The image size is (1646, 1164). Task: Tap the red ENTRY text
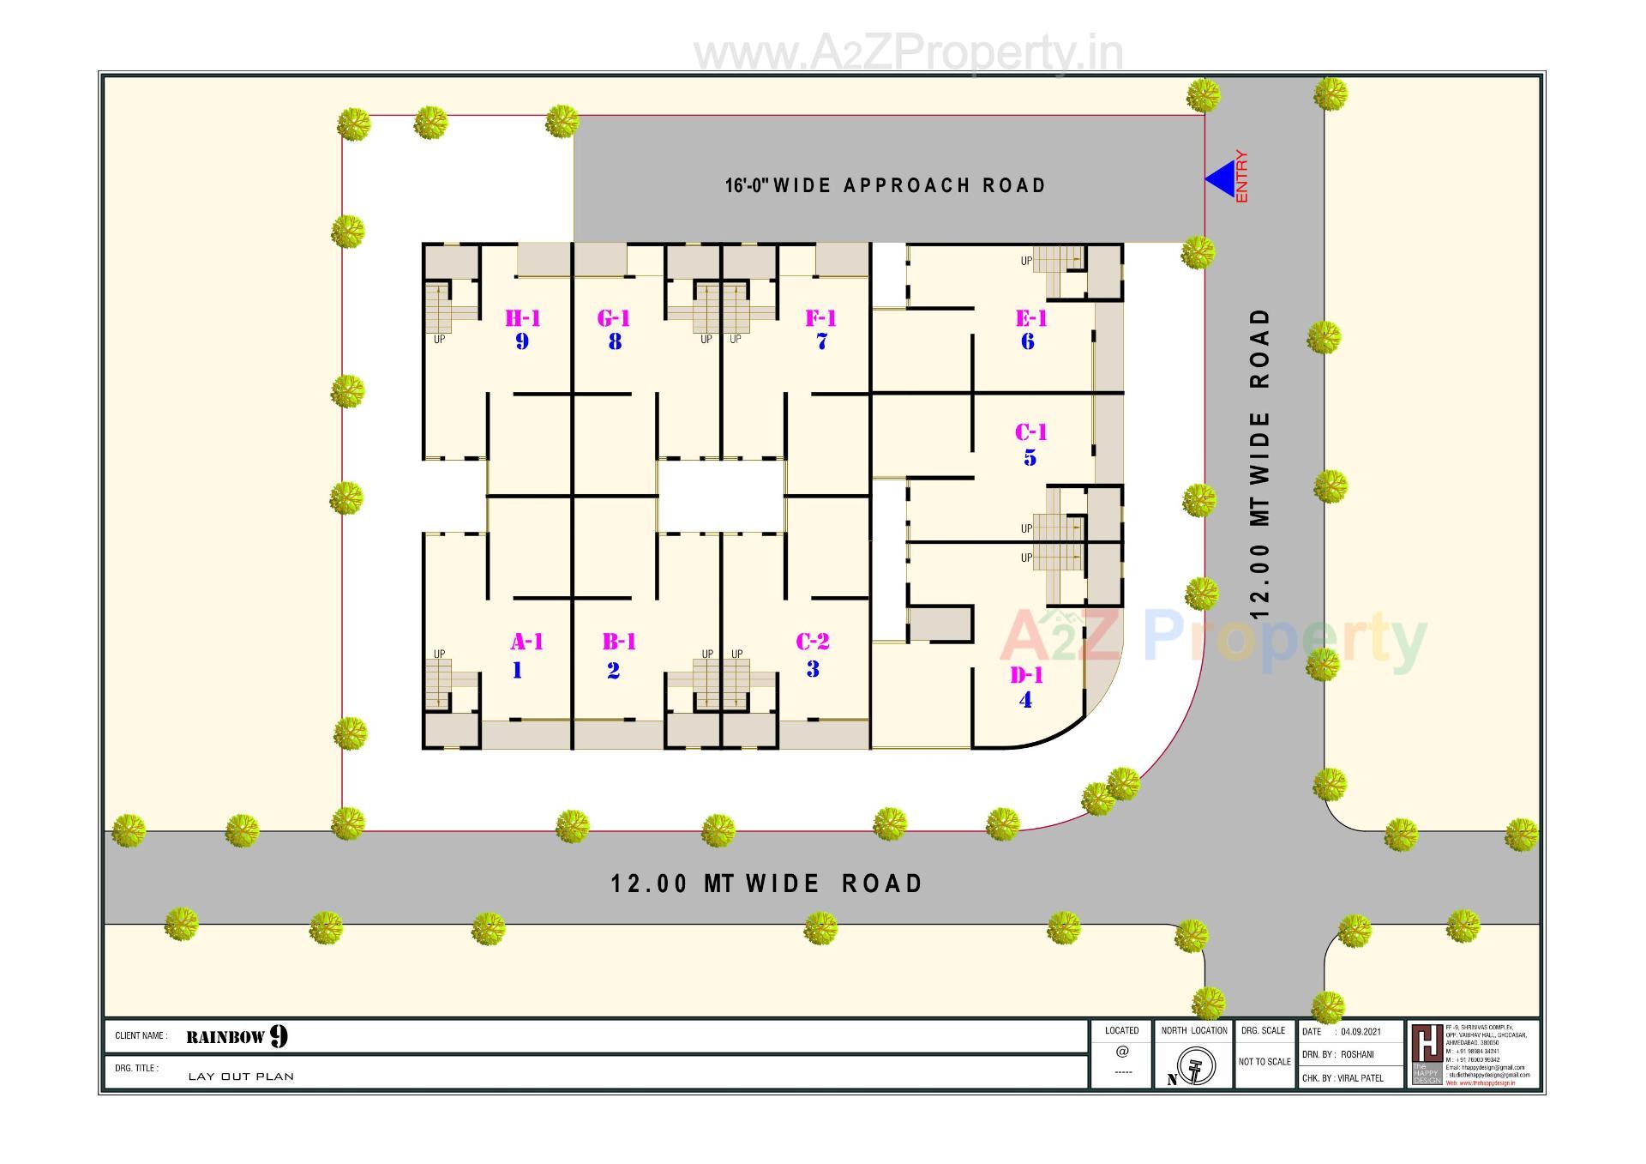point(1241,177)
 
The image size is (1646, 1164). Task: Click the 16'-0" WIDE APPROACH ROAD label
point(886,185)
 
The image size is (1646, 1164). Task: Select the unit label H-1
point(522,319)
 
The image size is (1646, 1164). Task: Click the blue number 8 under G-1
point(615,342)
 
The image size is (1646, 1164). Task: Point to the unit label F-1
point(820,319)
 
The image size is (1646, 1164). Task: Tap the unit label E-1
point(1030,319)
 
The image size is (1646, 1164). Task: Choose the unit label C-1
point(1030,432)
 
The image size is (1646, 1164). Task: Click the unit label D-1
point(1026,676)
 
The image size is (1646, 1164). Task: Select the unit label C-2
point(812,642)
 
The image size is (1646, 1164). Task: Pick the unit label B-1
point(619,642)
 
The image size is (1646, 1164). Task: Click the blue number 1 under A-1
point(517,671)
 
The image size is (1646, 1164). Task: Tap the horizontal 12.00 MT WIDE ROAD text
point(766,884)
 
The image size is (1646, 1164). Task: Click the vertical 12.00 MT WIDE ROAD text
point(1259,463)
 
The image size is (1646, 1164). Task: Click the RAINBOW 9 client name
point(237,1036)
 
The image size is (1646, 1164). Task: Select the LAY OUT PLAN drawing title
point(241,1077)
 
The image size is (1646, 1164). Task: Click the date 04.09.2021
point(1361,1032)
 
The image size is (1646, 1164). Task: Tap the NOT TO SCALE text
point(1265,1062)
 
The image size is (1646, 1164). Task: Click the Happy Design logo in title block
point(1427,1054)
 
